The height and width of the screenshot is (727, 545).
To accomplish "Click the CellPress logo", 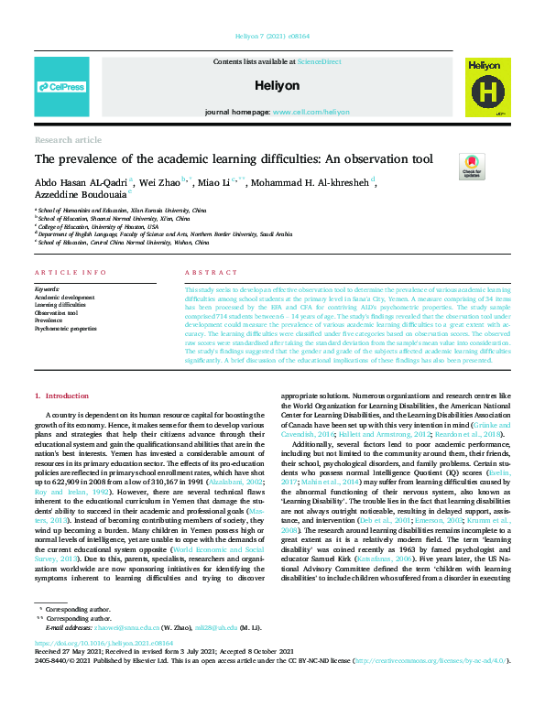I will (x=61, y=87).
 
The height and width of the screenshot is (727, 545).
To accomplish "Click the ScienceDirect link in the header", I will (x=318, y=60).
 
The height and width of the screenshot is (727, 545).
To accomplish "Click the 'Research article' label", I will (x=68, y=139).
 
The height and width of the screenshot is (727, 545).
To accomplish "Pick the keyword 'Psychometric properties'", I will (x=65, y=327).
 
